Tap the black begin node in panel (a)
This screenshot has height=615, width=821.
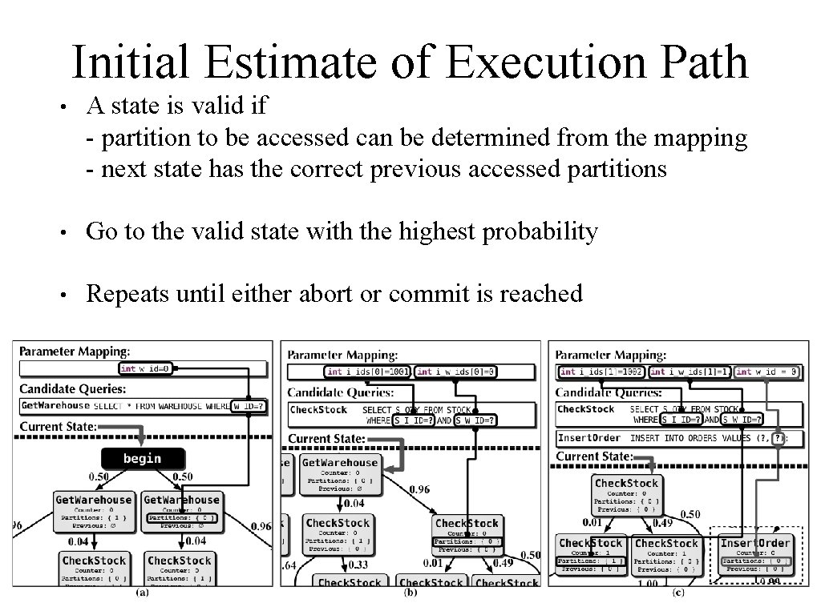pos(142,458)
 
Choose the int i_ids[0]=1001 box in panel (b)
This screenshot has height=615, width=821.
pos(369,372)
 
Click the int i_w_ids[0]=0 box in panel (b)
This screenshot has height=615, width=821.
pos(457,372)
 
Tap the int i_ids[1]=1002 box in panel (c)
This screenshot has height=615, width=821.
pos(601,372)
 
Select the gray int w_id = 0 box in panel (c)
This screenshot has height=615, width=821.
pos(766,372)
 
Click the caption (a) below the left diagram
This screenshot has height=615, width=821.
pos(141,593)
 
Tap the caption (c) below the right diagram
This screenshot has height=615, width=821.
pos(678,593)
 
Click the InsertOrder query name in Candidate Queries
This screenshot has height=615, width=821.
pos(589,438)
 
